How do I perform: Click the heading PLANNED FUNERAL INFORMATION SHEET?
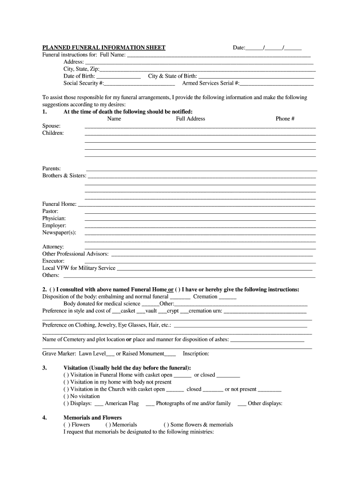[x=104, y=48]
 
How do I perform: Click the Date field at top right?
[x=274, y=48]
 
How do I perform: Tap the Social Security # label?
[x=84, y=83]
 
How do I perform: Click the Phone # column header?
[x=285, y=119]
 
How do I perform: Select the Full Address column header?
[x=190, y=119]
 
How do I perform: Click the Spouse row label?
[x=51, y=126]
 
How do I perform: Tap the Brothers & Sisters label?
[x=65, y=176]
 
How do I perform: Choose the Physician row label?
[x=54, y=218]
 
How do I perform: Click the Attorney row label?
[x=53, y=247]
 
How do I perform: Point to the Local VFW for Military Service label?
[x=79, y=268]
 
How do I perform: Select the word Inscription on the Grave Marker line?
[x=196, y=354]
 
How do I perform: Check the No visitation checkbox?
[x=66, y=396]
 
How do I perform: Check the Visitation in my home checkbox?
[x=66, y=382]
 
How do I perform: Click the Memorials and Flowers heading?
[x=92, y=418]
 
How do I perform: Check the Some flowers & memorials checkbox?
[x=166, y=425]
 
